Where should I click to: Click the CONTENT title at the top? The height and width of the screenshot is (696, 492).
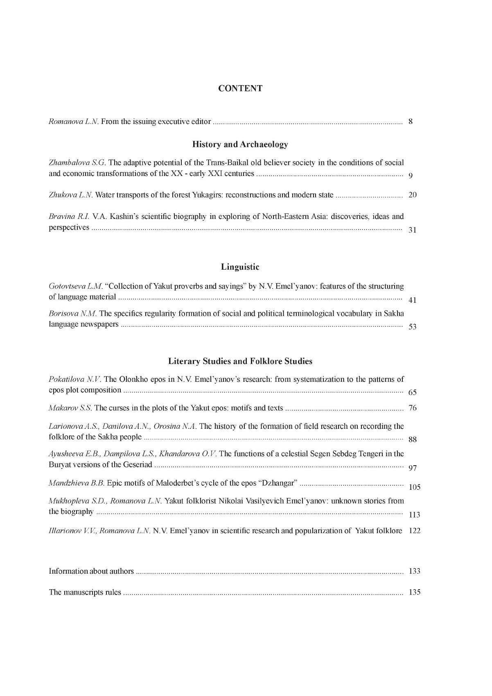(x=240, y=88)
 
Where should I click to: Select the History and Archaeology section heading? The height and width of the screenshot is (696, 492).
(x=240, y=144)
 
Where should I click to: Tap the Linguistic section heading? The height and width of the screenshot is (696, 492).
(x=240, y=267)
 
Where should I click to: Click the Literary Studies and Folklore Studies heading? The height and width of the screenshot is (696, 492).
(x=240, y=361)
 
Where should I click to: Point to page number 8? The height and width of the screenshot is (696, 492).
(x=411, y=122)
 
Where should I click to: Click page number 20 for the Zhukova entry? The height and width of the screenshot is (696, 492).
(x=412, y=195)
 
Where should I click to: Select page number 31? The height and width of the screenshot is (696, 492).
(x=412, y=230)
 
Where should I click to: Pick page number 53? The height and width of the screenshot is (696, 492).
(x=412, y=327)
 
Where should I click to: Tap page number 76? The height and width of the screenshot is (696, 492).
(x=412, y=408)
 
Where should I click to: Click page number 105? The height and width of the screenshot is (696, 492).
(x=414, y=487)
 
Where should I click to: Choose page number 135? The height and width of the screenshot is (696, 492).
(x=414, y=592)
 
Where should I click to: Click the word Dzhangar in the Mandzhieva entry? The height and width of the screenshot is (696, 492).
(x=278, y=483)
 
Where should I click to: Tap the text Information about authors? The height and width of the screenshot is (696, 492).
(x=91, y=571)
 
